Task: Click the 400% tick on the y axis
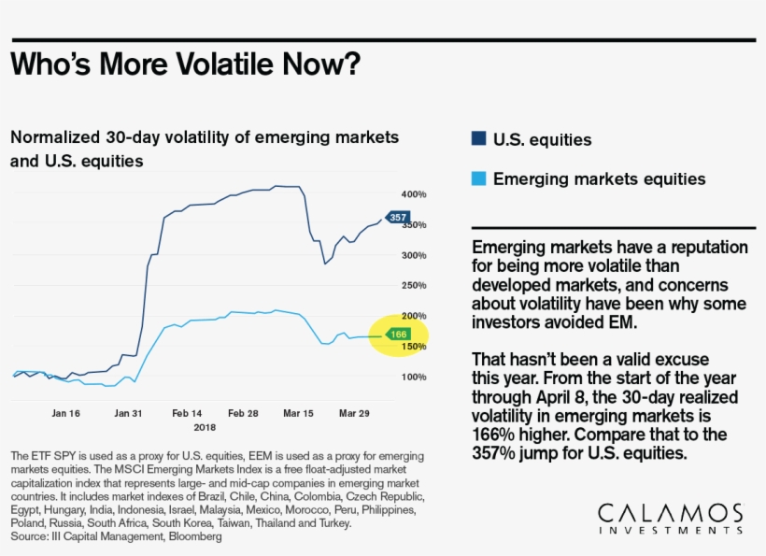(x=414, y=194)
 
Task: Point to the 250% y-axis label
(x=414, y=286)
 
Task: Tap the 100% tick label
(x=414, y=377)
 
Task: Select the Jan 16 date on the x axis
(x=65, y=412)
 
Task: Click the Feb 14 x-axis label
(x=187, y=412)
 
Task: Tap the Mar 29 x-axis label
(x=354, y=412)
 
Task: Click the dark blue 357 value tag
(x=398, y=218)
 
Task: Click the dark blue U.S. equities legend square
(x=478, y=140)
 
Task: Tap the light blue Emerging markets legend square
(x=478, y=178)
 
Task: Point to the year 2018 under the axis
(x=205, y=426)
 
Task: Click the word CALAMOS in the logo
(x=670, y=514)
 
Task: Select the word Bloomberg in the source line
(x=193, y=537)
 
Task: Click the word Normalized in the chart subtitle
(x=53, y=137)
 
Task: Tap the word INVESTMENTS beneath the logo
(x=670, y=531)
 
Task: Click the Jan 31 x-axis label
(x=128, y=412)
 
